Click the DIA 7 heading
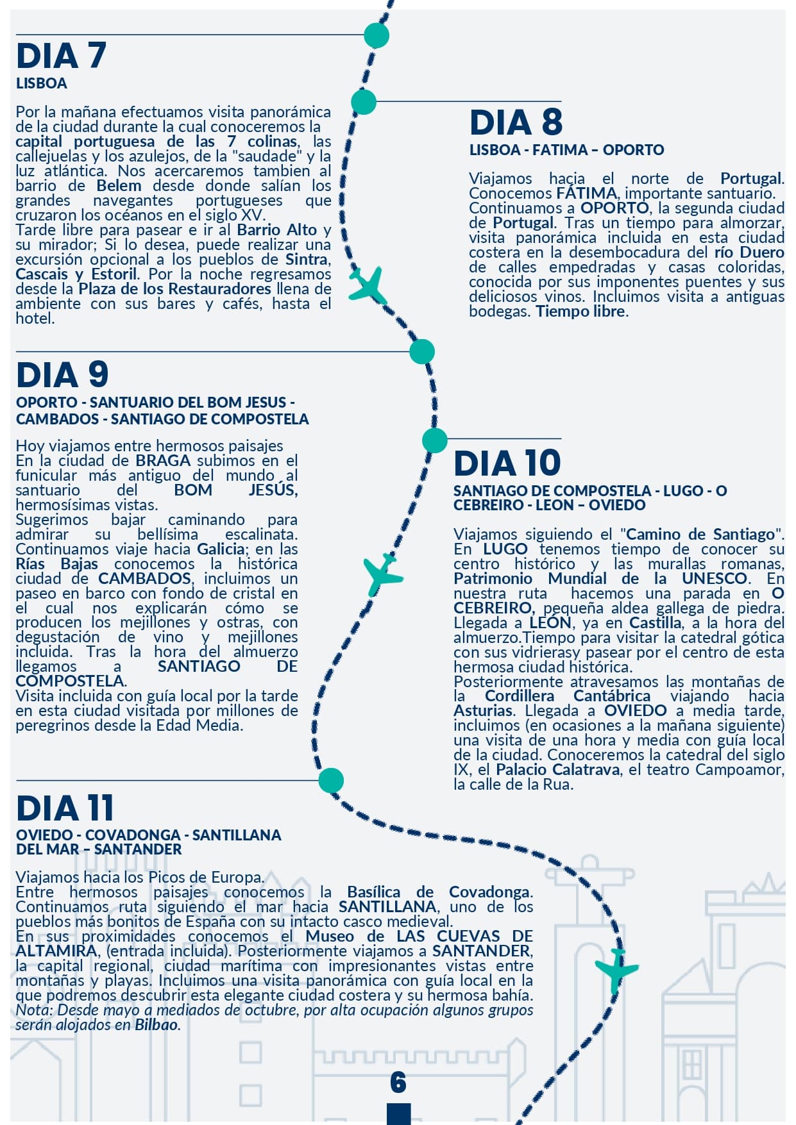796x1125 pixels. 62,56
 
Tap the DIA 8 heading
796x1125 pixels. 516,122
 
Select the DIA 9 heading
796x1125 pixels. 62,375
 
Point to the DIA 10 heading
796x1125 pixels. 507,463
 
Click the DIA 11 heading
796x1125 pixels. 65,808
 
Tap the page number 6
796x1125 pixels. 398,1082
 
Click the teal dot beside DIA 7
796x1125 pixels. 377,35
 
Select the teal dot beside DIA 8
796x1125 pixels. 364,102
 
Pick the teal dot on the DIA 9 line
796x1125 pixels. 422,351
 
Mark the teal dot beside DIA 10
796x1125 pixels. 435,440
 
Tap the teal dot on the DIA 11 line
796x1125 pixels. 331,780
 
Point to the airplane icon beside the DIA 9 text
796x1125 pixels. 383,574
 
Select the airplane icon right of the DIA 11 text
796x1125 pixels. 616,968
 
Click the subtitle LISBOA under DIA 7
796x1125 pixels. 42,83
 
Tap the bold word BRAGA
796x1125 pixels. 163,461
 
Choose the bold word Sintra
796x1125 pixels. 307,260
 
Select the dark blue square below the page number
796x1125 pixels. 398,1113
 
